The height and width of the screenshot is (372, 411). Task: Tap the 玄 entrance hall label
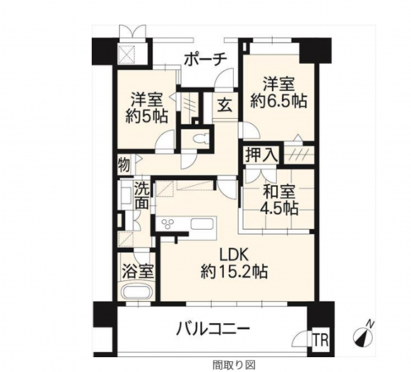[225, 106]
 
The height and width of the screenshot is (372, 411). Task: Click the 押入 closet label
[261, 155]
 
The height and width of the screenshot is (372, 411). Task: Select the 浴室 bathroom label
[136, 271]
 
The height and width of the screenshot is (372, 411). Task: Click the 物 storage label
[123, 162]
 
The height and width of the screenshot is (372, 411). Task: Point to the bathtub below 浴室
[136, 293]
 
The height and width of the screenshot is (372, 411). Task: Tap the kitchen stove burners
[170, 225]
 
